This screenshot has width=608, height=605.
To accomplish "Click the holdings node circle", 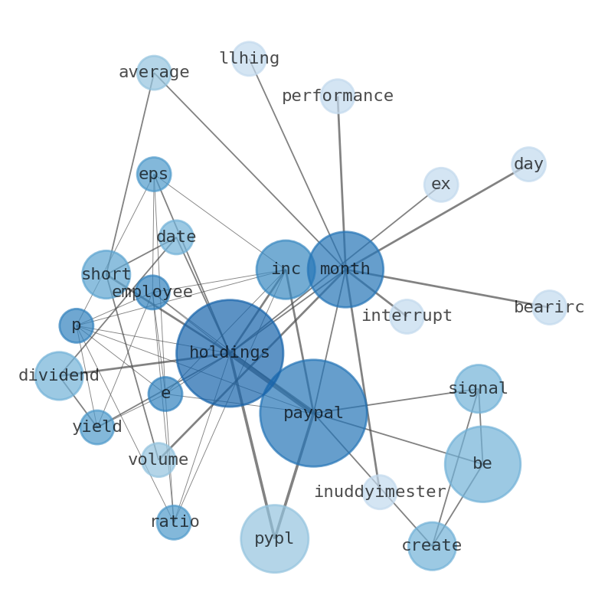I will [230, 353].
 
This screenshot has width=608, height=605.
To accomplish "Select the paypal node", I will [313, 414].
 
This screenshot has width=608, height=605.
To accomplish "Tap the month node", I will [345, 270].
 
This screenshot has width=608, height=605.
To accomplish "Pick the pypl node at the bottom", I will [274, 538].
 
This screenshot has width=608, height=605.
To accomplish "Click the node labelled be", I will [482, 464].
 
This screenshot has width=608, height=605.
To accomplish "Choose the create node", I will [432, 546].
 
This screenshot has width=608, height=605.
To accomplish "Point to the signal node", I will [479, 389].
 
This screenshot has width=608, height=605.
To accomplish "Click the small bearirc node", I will [549, 308].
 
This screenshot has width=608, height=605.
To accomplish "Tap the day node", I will [528, 165].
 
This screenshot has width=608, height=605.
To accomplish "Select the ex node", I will [441, 185].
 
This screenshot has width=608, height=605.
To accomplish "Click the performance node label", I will [338, 96].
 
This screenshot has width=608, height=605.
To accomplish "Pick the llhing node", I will [250, 59].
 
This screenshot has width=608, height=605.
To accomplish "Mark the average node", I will [154, 73].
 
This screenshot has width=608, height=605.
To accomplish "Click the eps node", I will [154, 175].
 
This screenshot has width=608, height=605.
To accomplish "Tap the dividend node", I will [59, 376].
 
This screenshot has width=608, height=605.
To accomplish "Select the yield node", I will [97, 427].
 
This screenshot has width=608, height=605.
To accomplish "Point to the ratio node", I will [174, 522].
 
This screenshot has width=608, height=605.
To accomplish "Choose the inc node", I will [286, 270].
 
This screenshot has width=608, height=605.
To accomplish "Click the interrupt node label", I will [407, 316].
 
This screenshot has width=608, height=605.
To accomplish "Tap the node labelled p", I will [77, 325].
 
